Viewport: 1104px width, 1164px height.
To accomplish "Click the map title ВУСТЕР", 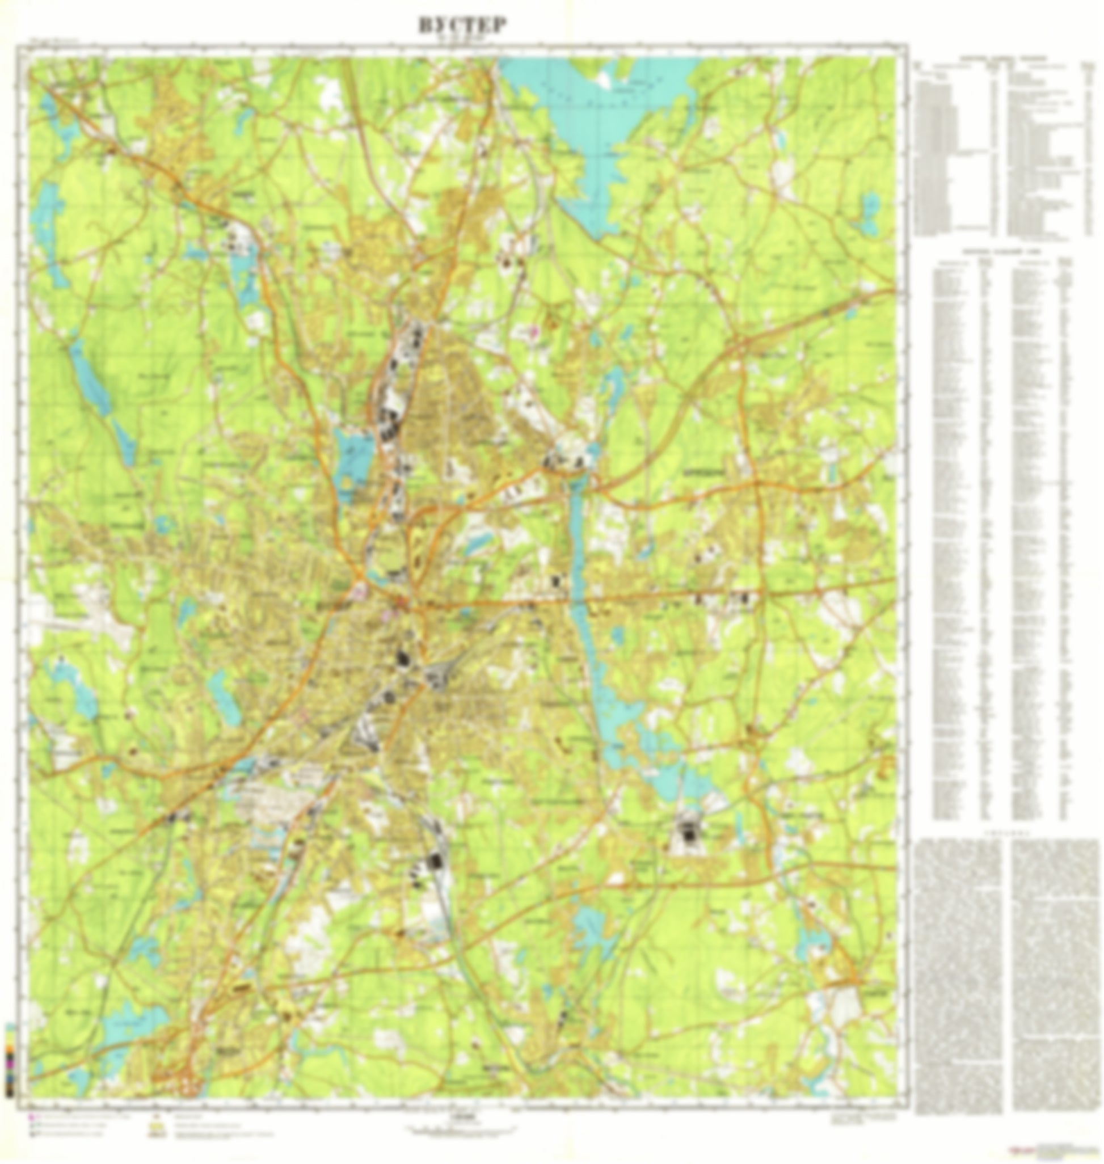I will pos(462,26).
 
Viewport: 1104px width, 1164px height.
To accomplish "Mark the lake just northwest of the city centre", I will pos(352,459).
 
